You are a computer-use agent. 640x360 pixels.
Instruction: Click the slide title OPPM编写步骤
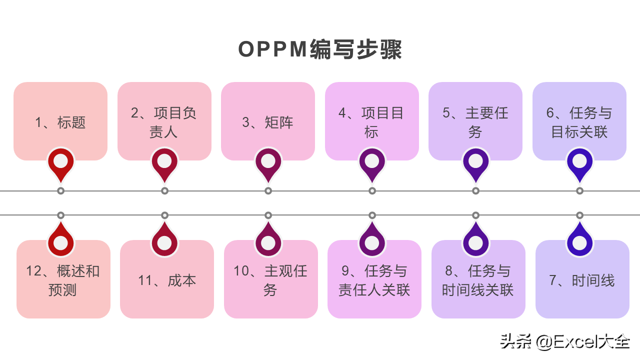click(x=320, y=50)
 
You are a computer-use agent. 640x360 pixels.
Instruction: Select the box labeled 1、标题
click(x=60, y=121)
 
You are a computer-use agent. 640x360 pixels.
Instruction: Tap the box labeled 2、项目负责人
click(x=164, y=121)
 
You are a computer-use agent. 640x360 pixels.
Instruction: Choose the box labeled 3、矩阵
click(x=268, y=121)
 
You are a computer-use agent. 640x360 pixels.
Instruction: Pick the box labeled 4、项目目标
click(x=371, y=121)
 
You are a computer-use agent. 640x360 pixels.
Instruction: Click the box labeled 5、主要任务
click(x=475, y=121)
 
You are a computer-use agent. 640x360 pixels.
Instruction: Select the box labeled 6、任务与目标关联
click(x=579, y=121)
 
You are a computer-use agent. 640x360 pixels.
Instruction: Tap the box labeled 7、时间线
click(x=582, y=280)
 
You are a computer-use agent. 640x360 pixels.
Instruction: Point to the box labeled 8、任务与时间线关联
click(x=478, y=280)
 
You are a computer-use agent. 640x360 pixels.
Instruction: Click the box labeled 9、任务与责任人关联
click(x=374, y=280)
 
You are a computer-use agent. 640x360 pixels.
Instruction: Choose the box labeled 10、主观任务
click(x=270, y=280)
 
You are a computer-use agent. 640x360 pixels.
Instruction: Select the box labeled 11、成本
click(x=167, y=280)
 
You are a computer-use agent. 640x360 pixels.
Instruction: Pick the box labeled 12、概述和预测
click(x=63, y=280)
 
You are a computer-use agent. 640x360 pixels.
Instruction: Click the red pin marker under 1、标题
click(x=60, y=162)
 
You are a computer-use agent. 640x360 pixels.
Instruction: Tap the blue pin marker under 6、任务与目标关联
click(x=579, y=162)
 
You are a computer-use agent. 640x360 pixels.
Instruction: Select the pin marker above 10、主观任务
click(x=268, y=241)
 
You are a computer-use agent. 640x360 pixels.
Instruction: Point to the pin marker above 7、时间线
click(x=579, y=241)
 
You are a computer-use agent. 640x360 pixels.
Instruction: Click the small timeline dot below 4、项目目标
click(x=372, y=191)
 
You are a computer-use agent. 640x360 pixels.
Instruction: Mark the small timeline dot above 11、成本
click(x=164, y=215)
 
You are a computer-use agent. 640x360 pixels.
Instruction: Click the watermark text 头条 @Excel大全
click(x=565, y=342)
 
